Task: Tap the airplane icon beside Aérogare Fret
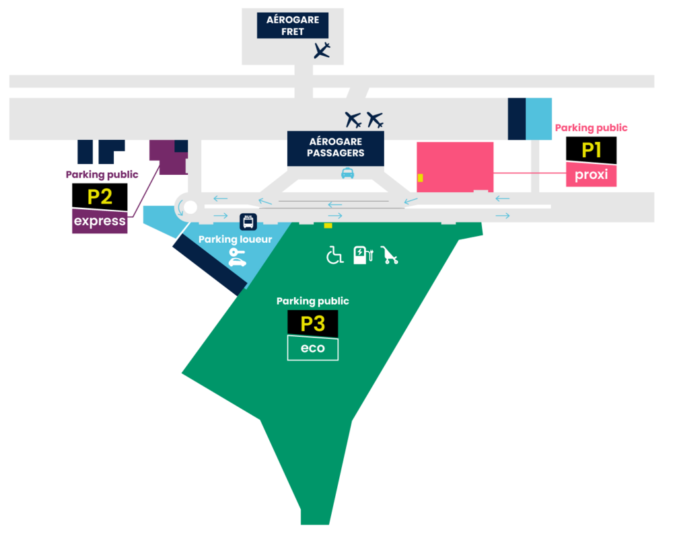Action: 322,50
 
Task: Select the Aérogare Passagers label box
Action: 335,147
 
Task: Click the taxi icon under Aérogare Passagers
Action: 347,173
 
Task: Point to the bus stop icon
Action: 248,221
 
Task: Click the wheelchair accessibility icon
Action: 334,255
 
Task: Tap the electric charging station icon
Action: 362,255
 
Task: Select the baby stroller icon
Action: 390,255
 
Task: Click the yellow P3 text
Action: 313,324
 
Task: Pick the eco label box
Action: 312,348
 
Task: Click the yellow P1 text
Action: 591,151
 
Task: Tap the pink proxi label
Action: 591,175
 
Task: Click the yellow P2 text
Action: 100,197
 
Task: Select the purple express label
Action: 100,221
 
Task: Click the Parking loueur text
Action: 225,239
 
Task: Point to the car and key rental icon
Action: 237,258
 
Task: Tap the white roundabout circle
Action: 190,206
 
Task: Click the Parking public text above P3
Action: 312,301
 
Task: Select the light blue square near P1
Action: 538,118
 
